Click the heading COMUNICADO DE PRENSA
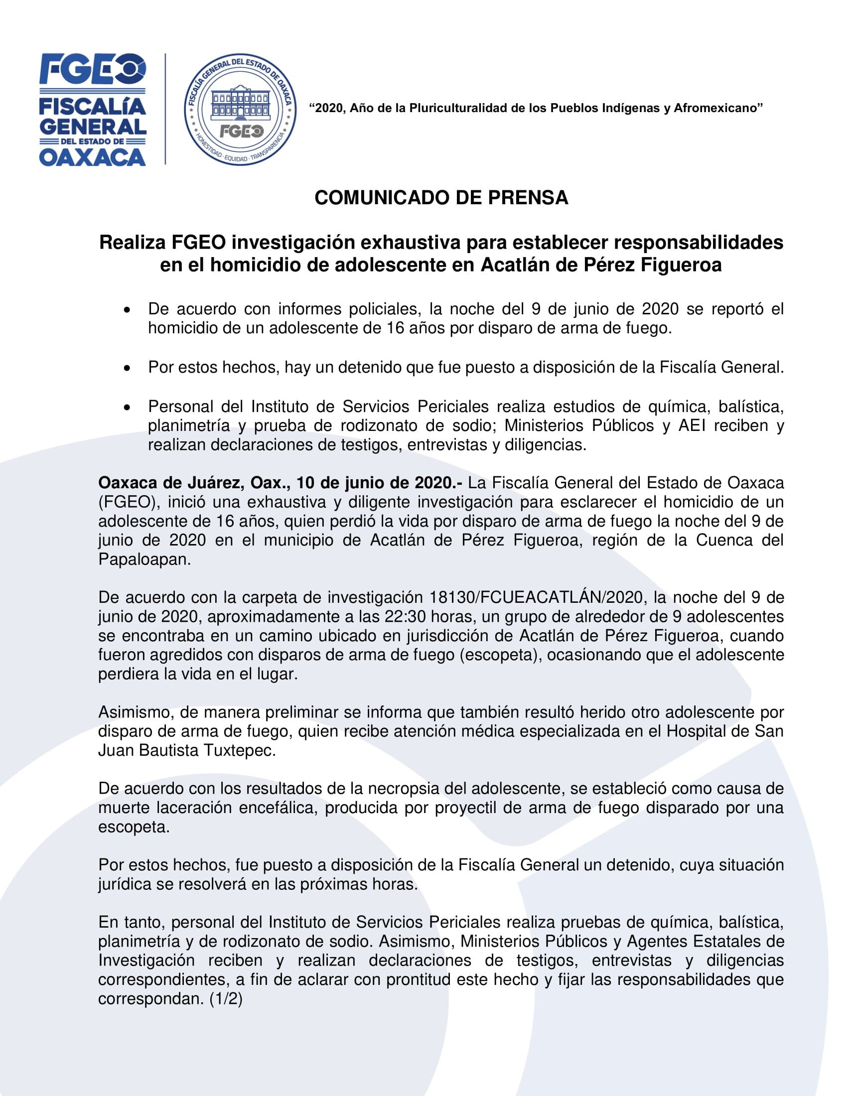click(441, 198)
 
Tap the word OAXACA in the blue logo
click(93, 157)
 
